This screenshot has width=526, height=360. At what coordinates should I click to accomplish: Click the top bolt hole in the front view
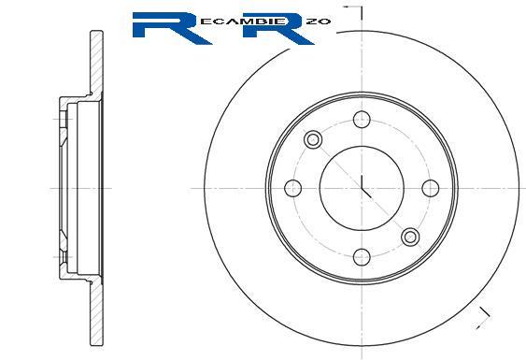pos(362,120)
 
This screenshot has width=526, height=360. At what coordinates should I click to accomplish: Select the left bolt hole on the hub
pos(292,188)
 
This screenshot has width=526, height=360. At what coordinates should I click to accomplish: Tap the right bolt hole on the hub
pos(431,188)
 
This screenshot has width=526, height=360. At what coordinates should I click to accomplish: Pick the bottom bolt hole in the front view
pos(362,257)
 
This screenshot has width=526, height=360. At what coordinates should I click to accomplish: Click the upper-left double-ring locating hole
pos(313,139)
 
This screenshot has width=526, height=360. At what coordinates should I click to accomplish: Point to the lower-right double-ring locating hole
pos(410,238)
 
